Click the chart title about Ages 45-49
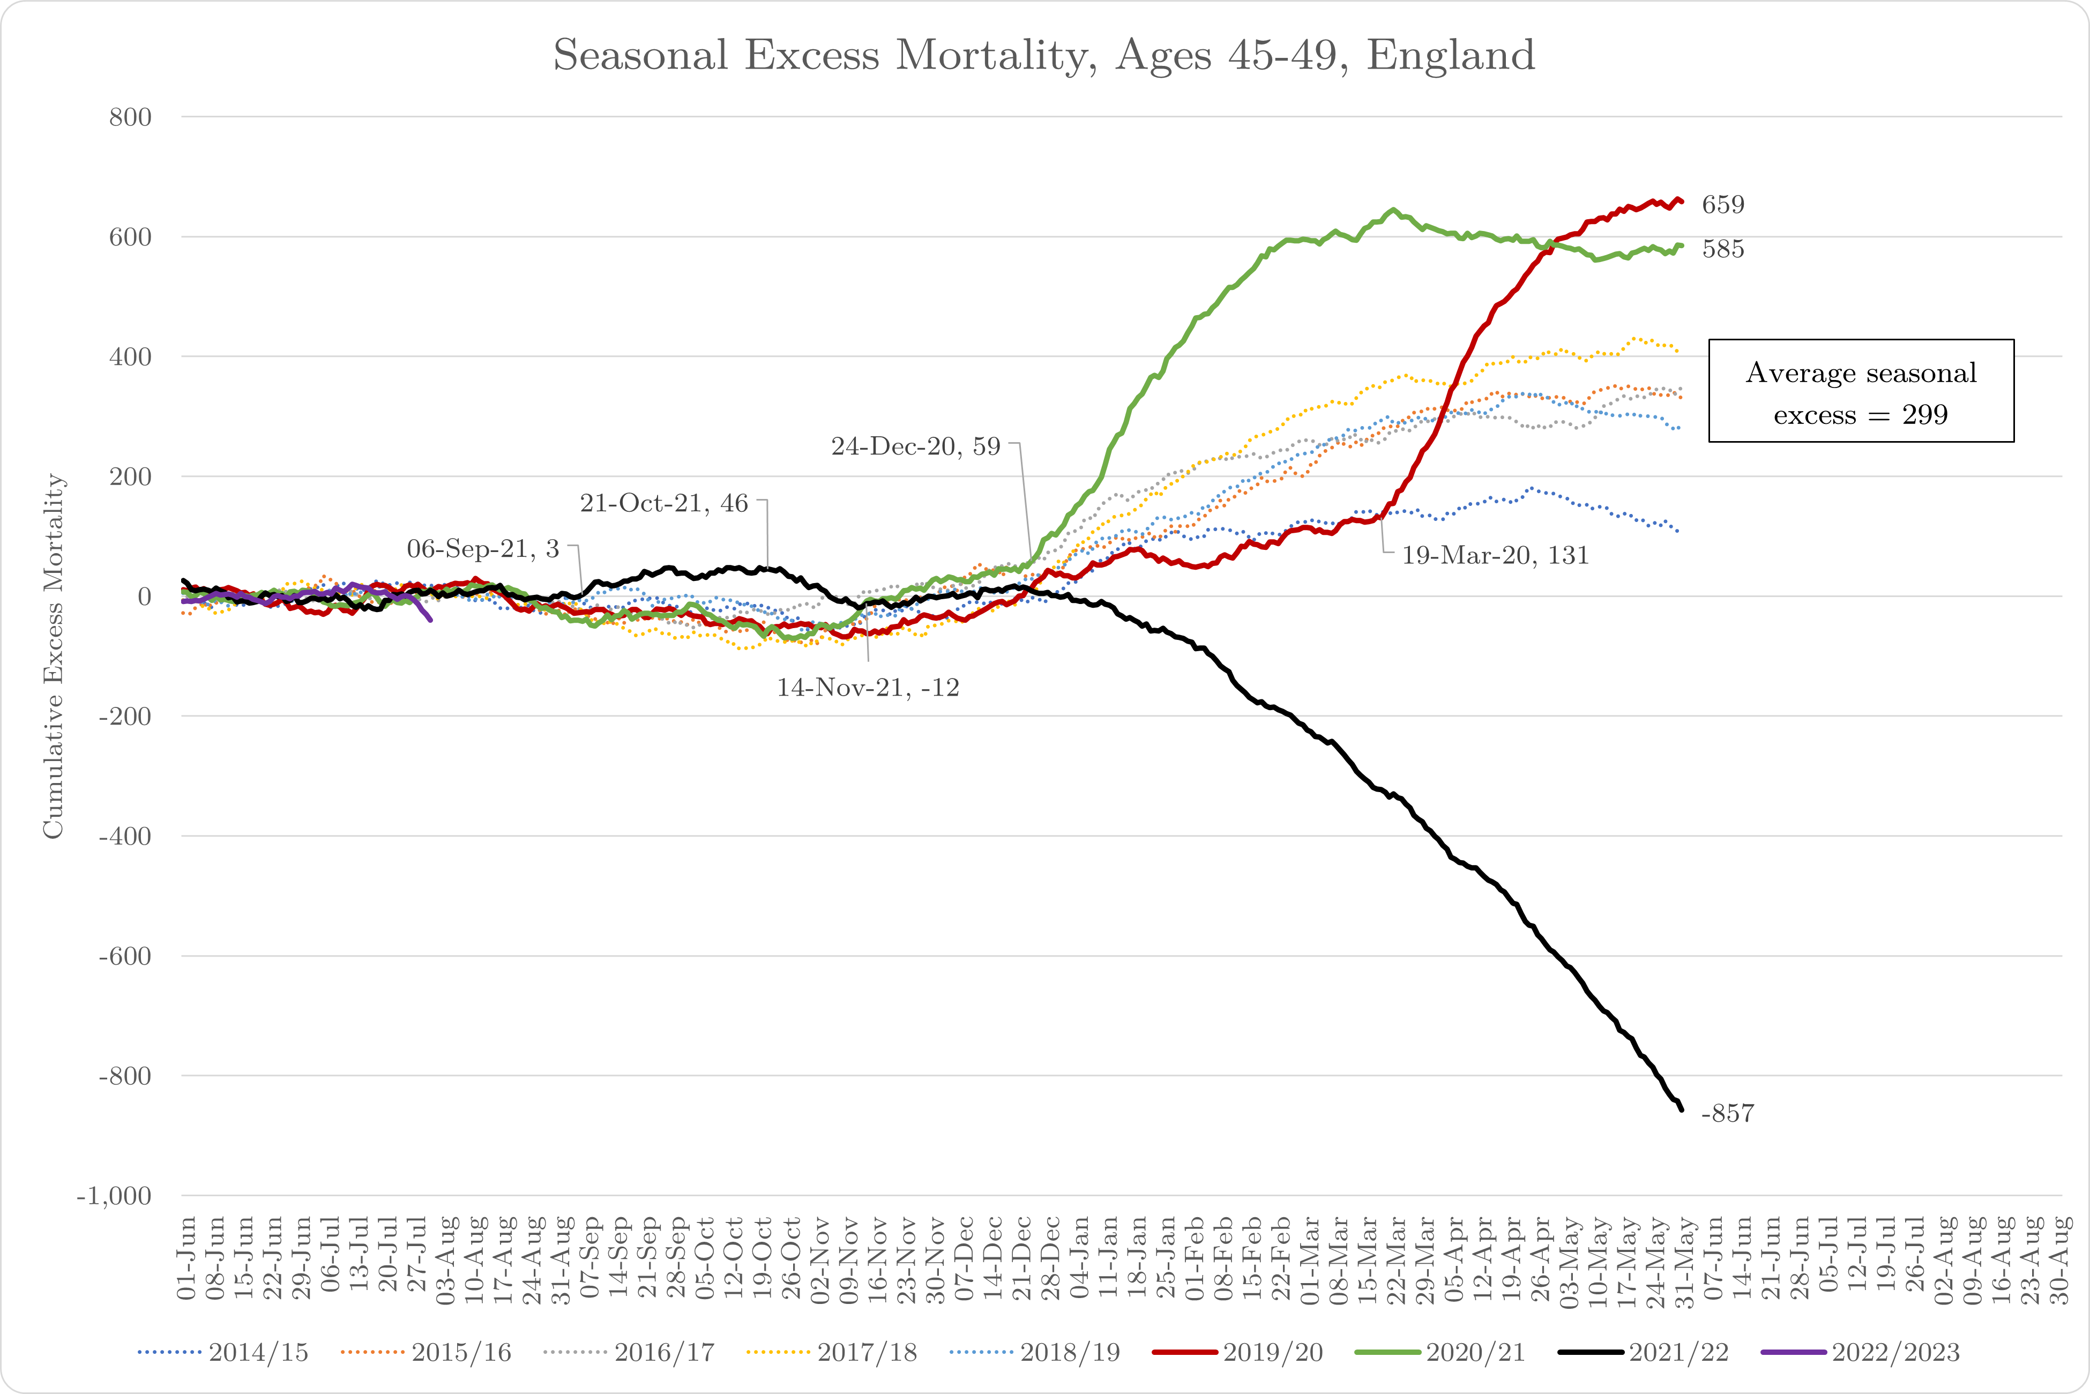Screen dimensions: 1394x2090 (1044, 55)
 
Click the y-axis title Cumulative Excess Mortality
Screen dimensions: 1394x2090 (54, 655)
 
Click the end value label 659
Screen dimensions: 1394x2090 (1723, 205)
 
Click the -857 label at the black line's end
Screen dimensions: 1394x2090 (1727, 1113)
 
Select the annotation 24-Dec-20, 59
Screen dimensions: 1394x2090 (916, 446)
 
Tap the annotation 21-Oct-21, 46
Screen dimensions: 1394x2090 (664, 503)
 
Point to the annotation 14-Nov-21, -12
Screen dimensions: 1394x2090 (868, 687)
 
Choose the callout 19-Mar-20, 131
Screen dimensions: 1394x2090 (1495, 556)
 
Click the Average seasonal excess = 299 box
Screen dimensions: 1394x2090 (1861, 391)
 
